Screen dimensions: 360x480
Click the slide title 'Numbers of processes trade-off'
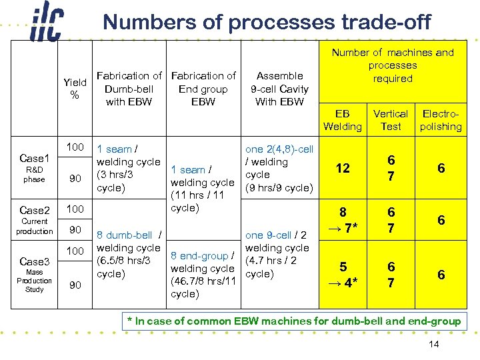(267, 23)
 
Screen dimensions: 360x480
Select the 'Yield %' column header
(75, 89)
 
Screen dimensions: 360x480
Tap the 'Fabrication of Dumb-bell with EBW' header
(129, 89)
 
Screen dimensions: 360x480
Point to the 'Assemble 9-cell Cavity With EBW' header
(279, 89)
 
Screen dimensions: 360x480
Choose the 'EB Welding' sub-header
(342, 120)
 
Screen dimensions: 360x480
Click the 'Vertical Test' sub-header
(391, 120)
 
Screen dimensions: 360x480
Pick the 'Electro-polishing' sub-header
(441, 120)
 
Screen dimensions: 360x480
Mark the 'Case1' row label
(35, 159)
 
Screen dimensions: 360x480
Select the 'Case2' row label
(35, 209)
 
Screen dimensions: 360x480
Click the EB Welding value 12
(343, 169)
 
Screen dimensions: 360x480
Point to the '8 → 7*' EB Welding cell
(343, 221)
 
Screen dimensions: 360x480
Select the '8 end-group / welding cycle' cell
(203, 275)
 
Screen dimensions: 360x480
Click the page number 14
(434, 344)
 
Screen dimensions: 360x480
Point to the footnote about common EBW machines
(293, 321)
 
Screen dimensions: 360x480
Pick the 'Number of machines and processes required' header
(393, 65)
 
